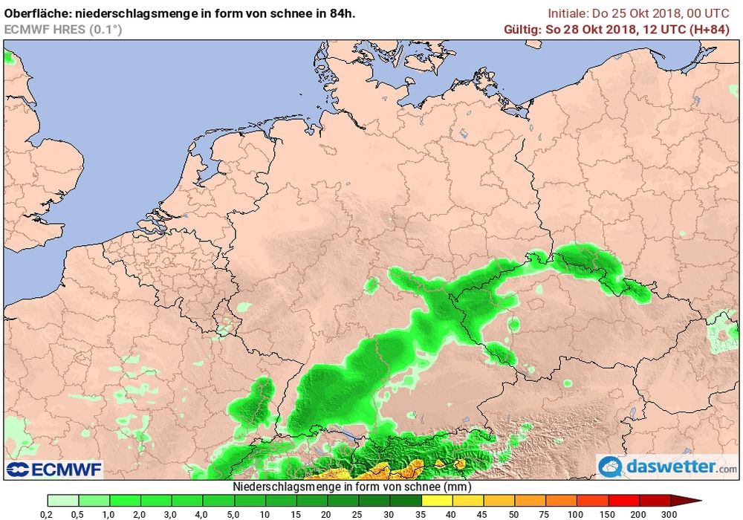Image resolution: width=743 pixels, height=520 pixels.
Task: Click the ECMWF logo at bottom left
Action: [53, 469]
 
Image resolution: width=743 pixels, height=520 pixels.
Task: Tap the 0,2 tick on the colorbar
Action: [47, 514]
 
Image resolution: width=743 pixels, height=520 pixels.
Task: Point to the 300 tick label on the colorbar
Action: [669, 514]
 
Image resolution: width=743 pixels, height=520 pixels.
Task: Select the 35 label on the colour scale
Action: [421, 514]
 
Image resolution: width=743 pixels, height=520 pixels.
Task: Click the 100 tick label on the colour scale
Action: [577, 514]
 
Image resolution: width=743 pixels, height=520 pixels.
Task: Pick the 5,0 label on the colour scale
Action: [234, 514]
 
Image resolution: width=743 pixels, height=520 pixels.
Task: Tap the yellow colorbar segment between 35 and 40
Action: [436, 501]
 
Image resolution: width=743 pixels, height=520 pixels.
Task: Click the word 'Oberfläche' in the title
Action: [33, 13]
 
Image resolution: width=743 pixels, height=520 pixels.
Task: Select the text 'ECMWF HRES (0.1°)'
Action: [63, 29]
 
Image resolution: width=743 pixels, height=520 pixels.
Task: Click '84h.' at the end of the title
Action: [351, 13]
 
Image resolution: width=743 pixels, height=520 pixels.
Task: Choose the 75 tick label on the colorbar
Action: [545, 514]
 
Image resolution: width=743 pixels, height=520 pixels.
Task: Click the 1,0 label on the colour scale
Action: [109, 514]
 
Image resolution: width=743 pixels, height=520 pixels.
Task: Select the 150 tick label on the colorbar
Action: [608, 514]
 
